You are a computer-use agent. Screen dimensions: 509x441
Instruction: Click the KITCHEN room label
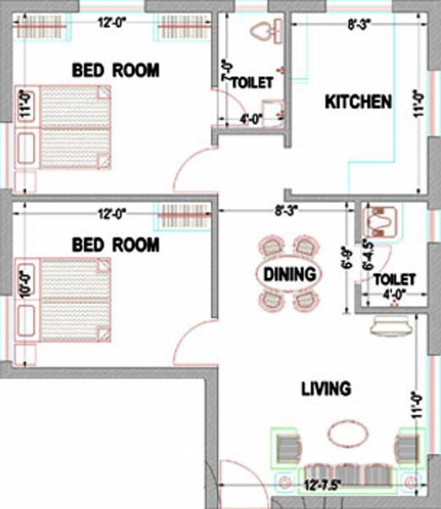coord(359,103)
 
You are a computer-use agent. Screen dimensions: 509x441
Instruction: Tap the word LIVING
coord(326,389)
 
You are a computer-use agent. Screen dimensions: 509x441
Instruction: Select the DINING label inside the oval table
coord(288,274)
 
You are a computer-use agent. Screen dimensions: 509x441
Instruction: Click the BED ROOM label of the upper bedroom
coord(115,70)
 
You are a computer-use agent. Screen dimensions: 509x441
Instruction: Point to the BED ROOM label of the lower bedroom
coord(115,245)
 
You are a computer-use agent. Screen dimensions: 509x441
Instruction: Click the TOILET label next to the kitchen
coord(252,83)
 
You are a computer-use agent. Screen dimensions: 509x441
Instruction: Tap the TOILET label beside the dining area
coord(394,279)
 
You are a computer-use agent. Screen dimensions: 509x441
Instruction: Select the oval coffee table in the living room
coord(347,433)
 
